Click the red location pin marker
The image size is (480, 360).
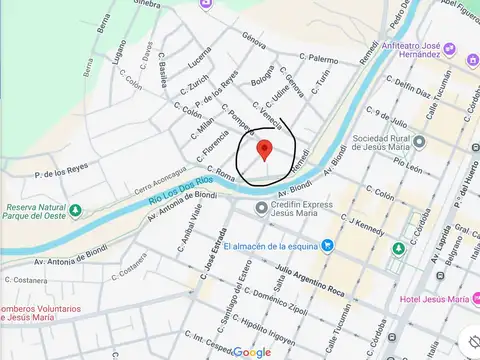click(x=264, y=151)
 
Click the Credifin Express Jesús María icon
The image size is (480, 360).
click(x=262, y=208)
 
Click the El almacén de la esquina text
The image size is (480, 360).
click(x=269, y=246)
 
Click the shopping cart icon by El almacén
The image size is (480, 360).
click(x=327, y=246)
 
